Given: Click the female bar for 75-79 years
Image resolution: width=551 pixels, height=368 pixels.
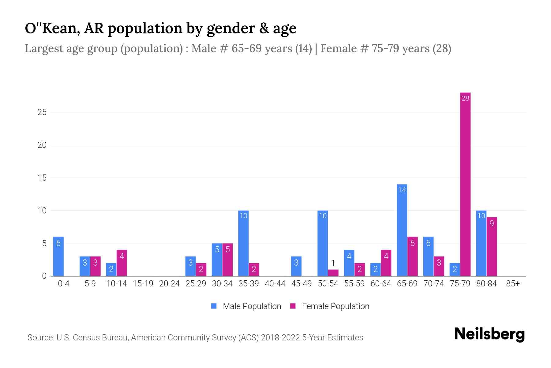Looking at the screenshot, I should (465, 184).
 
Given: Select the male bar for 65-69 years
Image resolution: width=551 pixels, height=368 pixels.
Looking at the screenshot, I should (402, 230).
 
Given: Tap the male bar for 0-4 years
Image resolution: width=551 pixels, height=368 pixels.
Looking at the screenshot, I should (58, 256).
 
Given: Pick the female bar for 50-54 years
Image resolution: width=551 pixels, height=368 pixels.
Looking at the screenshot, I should (333, 273).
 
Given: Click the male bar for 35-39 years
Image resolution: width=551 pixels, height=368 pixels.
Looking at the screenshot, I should (243, 243).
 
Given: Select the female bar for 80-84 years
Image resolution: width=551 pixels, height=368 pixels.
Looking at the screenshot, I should (492, 247).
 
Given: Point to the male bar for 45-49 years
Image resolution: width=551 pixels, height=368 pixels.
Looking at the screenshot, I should (296, 266).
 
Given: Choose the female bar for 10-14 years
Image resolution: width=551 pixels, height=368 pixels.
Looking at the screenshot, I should (122, 263).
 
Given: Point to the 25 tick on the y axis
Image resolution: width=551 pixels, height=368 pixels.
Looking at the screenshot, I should (42, 112).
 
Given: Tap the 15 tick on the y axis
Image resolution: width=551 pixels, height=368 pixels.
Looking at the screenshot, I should (42, 178).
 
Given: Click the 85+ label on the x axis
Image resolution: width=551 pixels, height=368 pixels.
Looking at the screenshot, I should (513, 284).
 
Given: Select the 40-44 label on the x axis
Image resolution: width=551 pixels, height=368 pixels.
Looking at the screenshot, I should (275, 284).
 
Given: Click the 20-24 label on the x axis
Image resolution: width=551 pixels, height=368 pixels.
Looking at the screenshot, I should (169, 284).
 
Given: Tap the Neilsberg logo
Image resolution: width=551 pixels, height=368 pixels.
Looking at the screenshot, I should (489, 334).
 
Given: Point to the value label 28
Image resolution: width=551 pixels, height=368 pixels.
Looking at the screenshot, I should (465, 98).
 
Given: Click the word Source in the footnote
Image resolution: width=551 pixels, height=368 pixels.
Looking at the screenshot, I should (40, 338).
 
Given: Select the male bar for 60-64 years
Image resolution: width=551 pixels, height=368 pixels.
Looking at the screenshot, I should (376, 270).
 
